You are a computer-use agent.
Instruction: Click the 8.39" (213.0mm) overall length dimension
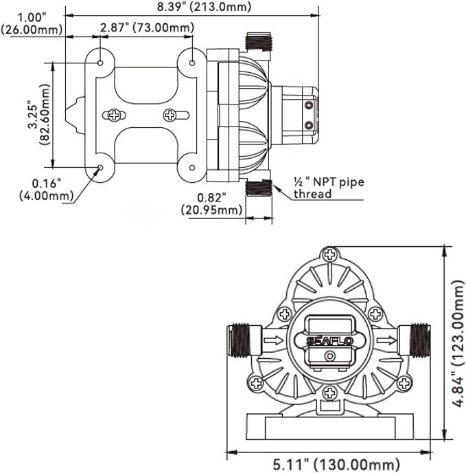point(204,6)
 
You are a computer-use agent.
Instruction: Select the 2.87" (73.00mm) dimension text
point(147,27)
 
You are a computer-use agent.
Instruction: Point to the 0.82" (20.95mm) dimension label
point(211,204)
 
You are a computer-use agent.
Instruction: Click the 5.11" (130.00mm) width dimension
point(336,465)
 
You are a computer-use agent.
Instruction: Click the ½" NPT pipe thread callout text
point(329,188)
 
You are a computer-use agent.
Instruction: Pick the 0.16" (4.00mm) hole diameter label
point(47,190)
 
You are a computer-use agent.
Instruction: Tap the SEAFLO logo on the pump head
point(329,341)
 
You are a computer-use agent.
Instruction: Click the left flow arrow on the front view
point(274,340)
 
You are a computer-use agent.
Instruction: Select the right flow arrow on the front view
point(386,340)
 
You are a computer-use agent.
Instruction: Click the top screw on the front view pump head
point(330,255)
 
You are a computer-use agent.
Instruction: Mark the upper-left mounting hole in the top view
point(100,63)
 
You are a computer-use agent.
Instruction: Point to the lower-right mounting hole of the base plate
point(192,168)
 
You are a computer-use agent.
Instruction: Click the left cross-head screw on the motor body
point(115,115)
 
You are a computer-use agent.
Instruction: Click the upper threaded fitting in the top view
point(259,41)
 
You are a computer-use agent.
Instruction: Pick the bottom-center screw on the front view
point(330,393)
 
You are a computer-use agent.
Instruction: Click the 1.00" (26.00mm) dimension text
point(32,23)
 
